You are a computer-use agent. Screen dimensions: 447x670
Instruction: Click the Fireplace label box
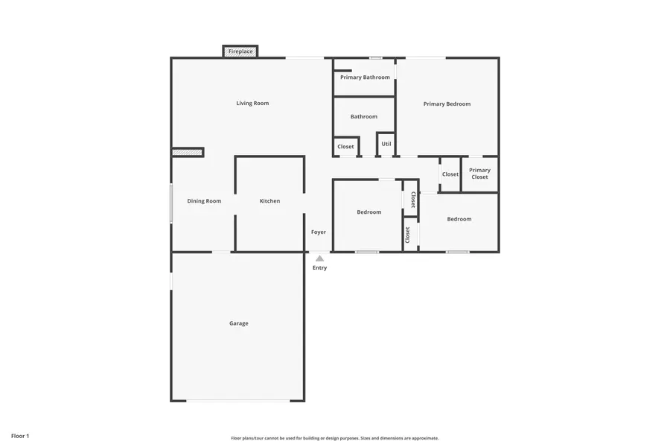(x=240, y=51)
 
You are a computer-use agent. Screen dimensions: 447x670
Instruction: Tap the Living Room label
(x=252, y=103)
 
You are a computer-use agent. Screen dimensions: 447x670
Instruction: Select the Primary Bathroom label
(x=365, y=77)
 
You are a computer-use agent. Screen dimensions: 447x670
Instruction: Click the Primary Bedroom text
(x=447, y=104)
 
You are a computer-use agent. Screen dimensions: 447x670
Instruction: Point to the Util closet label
(x=386, y=144)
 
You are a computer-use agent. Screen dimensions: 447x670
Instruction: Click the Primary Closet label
(x=479, y=174)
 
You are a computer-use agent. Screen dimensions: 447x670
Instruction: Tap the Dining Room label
(x=204, y=201)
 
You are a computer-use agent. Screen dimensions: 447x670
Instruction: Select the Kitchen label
(x=269, y=201)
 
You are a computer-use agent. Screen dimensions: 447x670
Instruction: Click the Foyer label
(x=319, y=232)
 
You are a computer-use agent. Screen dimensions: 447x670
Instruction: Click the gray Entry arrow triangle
(x=319, y=259)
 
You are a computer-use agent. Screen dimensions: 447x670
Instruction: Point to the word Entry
(x=319, y=267)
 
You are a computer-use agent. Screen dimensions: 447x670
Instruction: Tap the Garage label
(x=238, y=323)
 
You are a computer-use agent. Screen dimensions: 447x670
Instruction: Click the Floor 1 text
(x=20, y=435)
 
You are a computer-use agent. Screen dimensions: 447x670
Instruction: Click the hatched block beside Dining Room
(x=187, y=152)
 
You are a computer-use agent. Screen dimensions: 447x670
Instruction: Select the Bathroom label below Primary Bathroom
(x=364, y=116)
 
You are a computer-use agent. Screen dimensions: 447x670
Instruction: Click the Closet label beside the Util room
(x=346, y=147)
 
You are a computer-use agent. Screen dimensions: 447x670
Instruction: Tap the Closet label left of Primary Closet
(x=450, y=174)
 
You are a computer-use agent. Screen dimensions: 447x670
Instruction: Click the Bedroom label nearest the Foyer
(x=368, y=212)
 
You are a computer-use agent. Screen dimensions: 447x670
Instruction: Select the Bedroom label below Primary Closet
(x=459, y=219)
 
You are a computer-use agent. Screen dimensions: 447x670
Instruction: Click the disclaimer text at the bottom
(x=334, y=438)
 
